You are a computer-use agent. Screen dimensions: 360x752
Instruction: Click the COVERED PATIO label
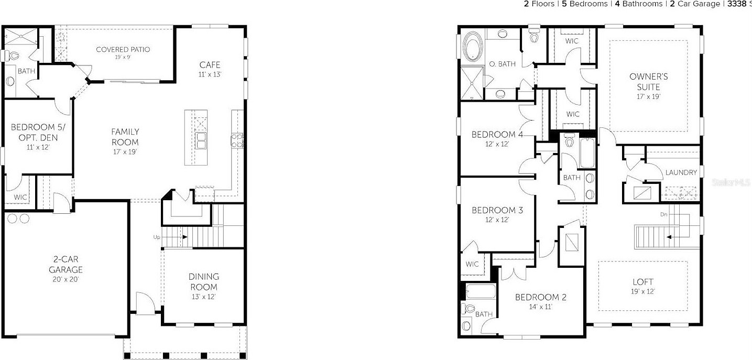coord(123,49)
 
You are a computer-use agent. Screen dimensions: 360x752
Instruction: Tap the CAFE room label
coord(210,65)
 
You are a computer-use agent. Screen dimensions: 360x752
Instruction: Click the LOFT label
coord(643,282)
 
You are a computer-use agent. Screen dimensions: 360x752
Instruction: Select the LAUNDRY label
coord(681,172)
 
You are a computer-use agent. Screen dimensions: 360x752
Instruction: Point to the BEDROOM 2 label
coord(540,297)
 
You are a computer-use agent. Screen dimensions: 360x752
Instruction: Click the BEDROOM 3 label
coord(497,210)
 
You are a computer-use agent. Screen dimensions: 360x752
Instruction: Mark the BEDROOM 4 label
coord(497,134)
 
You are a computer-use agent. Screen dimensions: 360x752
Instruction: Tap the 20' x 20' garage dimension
coord(66,279)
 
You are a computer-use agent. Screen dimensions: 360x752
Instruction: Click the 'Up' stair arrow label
coord(157,237)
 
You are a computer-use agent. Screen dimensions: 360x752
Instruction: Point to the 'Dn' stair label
coord(663,215)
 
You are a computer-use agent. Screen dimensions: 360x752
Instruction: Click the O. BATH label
coord(502,64)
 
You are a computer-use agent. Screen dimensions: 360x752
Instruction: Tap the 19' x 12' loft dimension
coord(643,291)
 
